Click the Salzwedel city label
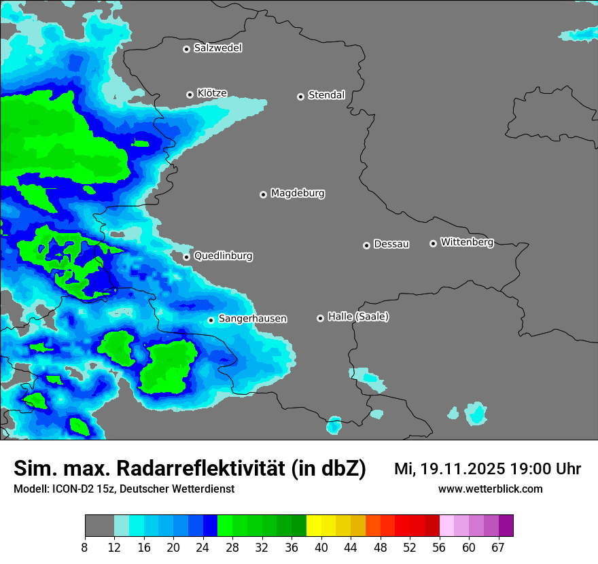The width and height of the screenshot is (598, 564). [217, 48]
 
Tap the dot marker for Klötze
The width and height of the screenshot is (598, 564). [190, 94]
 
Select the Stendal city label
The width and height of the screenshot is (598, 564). [326, 95]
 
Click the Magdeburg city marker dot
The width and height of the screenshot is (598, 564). [263, 194]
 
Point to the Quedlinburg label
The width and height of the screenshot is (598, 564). [223, 256]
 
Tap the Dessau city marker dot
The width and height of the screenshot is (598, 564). [366, 245]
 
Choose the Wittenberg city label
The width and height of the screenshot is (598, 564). [467, 242]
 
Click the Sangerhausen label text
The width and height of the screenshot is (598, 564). [252, 319]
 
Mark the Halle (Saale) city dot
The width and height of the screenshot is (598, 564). [320, 318]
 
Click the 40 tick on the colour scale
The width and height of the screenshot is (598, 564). [321, 548]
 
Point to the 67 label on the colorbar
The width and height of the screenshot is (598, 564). [498, 548]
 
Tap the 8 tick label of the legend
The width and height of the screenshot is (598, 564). [85, 548]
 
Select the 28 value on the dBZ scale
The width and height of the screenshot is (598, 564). [232, 548]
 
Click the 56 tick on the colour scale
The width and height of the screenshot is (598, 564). [440, 548]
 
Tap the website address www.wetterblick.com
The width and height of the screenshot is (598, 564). [490, 489]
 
